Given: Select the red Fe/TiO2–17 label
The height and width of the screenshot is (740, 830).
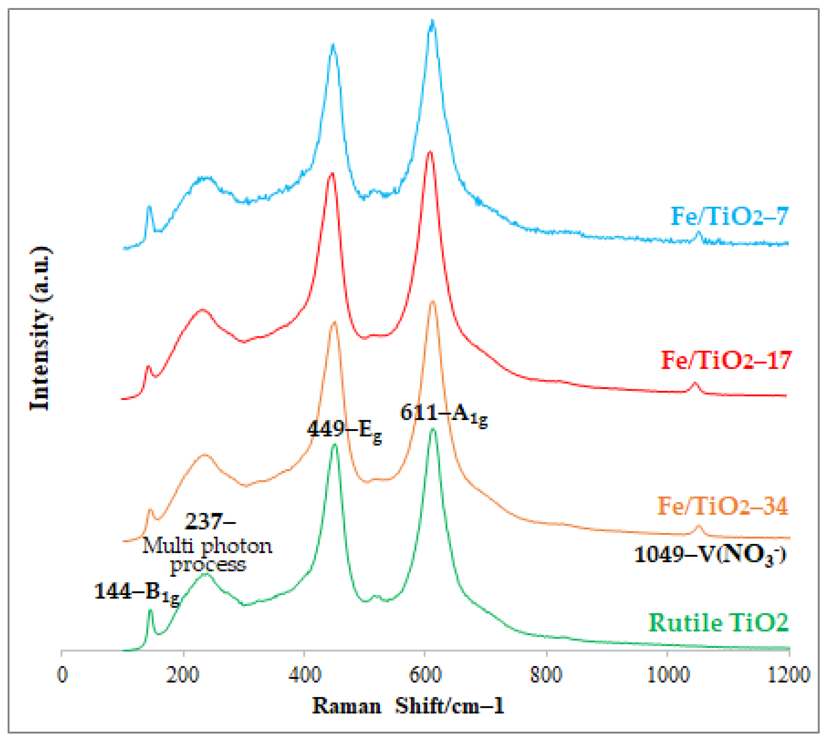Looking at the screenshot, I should [x=726, y=360].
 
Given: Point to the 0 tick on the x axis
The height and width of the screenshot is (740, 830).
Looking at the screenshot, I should [x=62, y=675].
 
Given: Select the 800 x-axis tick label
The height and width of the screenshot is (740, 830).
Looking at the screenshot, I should [x=546, y=675].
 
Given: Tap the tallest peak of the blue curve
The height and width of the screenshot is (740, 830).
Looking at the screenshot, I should [x=432, y=22].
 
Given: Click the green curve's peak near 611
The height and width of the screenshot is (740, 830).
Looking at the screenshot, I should [x=433, y=430].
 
